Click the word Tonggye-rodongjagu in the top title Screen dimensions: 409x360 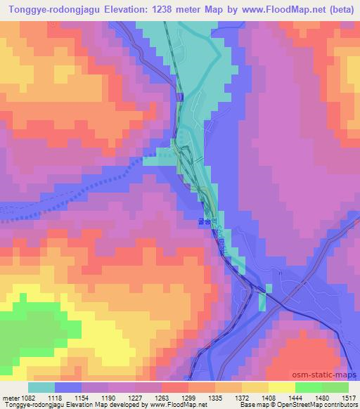click(54, 9)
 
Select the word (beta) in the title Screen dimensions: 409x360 click(336, 9)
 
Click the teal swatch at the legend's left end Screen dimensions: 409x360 click(41, 387)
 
